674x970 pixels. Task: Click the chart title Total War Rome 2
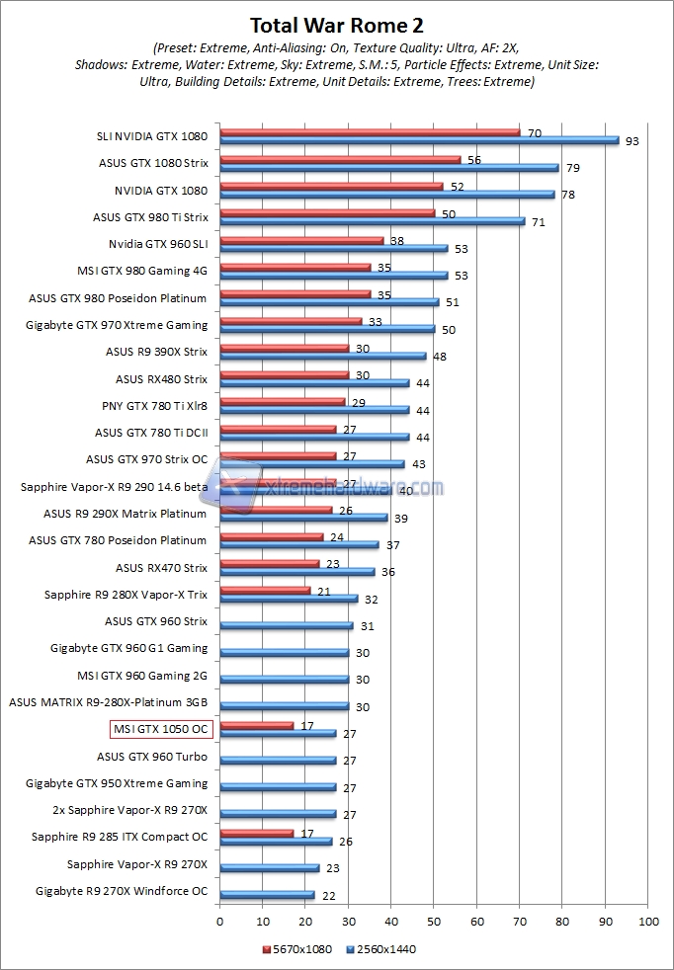[x=337, y=25]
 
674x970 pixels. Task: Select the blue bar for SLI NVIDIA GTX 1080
[x=419, y=141]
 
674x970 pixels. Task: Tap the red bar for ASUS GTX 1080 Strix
[x=340, y=159]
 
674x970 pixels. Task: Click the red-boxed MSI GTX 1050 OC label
[x=160, y=729]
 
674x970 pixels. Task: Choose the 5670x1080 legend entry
[x=297, y=949]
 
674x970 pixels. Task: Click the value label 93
[x=632, y=141]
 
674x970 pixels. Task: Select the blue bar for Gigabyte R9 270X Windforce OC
[x=267, y=895]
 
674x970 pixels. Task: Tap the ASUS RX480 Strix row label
[x=161, y=378]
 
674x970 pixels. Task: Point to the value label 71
[x=538, y=222]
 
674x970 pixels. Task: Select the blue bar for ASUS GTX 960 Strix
[x=287, y=625]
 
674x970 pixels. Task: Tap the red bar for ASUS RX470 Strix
[x=270, y=563]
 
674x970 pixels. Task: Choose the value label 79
[x=572, y=168]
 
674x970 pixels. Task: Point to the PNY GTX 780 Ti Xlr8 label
[x=154, y=405]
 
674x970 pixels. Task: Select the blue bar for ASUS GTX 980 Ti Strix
[x=372, y=221]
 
